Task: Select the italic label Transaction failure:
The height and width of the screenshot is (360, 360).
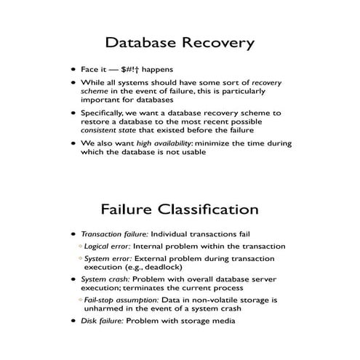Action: (x=108, y=234)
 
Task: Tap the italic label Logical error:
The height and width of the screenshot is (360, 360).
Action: (x=109, y=247)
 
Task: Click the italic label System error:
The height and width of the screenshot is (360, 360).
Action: (x=108, y=259)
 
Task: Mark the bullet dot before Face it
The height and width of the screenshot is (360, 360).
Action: (x=73, y=71)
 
